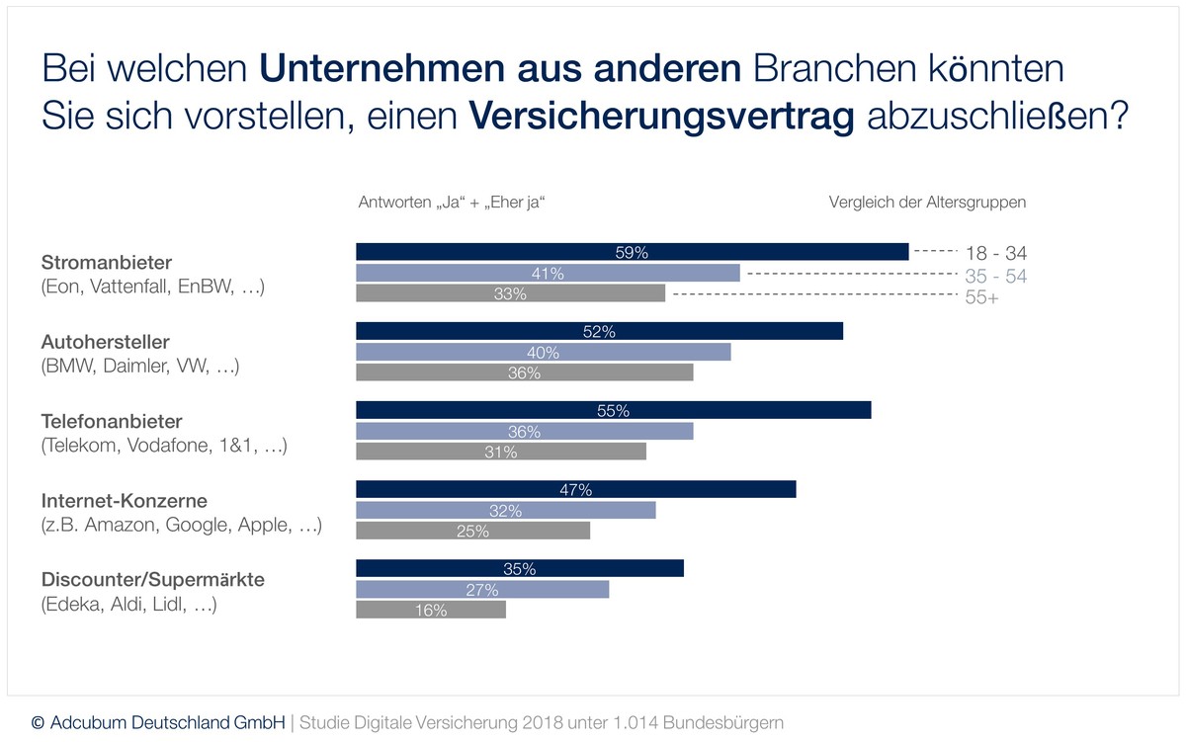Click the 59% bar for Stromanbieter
click(632, 252)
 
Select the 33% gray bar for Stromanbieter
click(510, 293)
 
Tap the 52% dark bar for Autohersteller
click(599, 332)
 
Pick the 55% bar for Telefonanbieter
click(613, 411)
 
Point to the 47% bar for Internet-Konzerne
click(575, 490)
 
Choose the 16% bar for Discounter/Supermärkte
click(430, 611)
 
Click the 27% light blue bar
click(482, 590)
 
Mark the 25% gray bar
click(472, 531)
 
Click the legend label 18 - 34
click(996, 253)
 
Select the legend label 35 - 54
click(995, 276)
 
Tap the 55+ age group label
click(981, 298)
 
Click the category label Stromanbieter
click(107, 263)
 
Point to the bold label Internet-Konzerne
click(125, 500)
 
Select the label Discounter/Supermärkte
click(152, 579)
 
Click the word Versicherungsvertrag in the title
click(661, 117)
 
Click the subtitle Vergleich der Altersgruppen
click(927, 203)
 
